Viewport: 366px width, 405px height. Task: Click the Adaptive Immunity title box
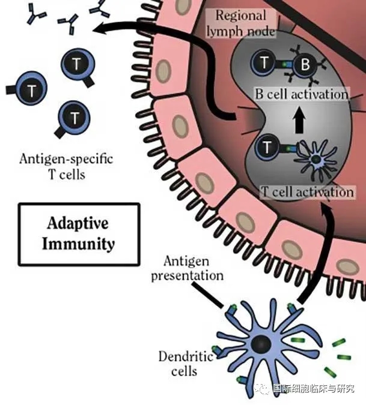point(79,234)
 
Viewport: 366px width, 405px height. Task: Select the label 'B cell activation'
point(301,94)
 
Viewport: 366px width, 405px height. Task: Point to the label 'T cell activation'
point(307,192)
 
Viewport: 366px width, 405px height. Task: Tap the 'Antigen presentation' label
point(187,268)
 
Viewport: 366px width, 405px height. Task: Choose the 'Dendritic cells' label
point(186,364)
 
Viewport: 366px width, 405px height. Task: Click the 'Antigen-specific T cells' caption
point(66,167)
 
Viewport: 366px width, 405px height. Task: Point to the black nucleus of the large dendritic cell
point(261,344)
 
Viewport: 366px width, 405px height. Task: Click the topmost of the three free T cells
point(75,64)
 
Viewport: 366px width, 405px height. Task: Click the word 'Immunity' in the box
point(80,244)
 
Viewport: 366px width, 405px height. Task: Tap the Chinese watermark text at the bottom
point(313,389)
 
